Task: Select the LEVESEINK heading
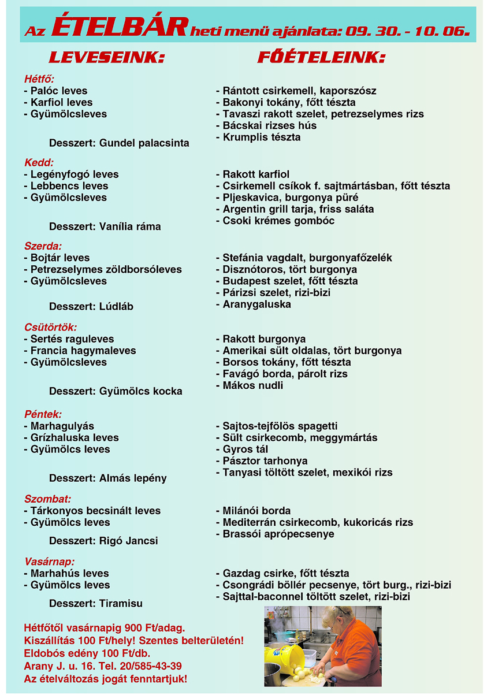(x=107, y=58)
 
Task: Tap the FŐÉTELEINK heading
(x=321, y=58)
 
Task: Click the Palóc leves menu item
(x=55, y=91)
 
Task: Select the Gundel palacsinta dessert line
(x=119, y=143)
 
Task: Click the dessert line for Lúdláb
(x=91, y=307)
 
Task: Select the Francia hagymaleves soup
(x=80, y=351)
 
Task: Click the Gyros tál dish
(x=245, y=449)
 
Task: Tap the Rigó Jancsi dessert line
(x=103, y=541)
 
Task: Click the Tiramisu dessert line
(x=96, y=604)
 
